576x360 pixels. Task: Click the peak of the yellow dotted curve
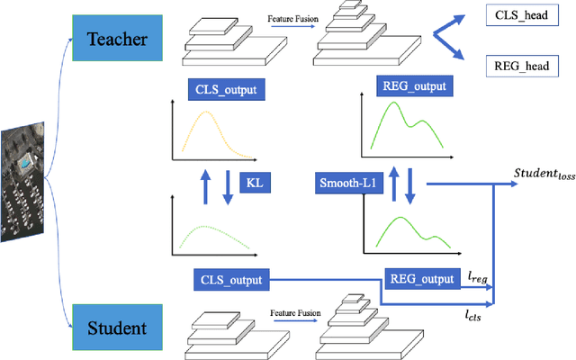pyautogui.click(x=208, y=113)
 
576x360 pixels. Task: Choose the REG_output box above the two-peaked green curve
pyautogui.click(x=412, y=86)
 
